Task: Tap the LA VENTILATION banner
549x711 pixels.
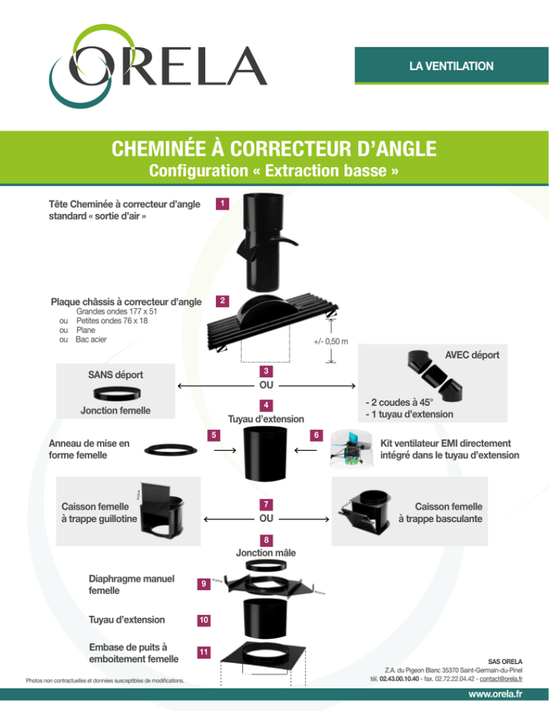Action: click(x=451, y=66)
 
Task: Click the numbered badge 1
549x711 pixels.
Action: click(x=223, y=205)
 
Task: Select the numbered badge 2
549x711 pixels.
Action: click(x=223, y=299)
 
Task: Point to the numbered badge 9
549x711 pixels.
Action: click(x=204, y=584)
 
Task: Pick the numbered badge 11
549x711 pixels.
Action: click(x=204, y=652)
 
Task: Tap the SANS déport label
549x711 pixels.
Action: click(x=115, y=374)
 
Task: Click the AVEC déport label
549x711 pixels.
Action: click(x=471, y=355)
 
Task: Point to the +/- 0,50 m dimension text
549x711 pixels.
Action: click(x=330, y=341)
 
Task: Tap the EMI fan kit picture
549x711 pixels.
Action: click(x=351, y=451)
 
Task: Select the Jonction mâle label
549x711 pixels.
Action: click(x=266, y=552)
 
